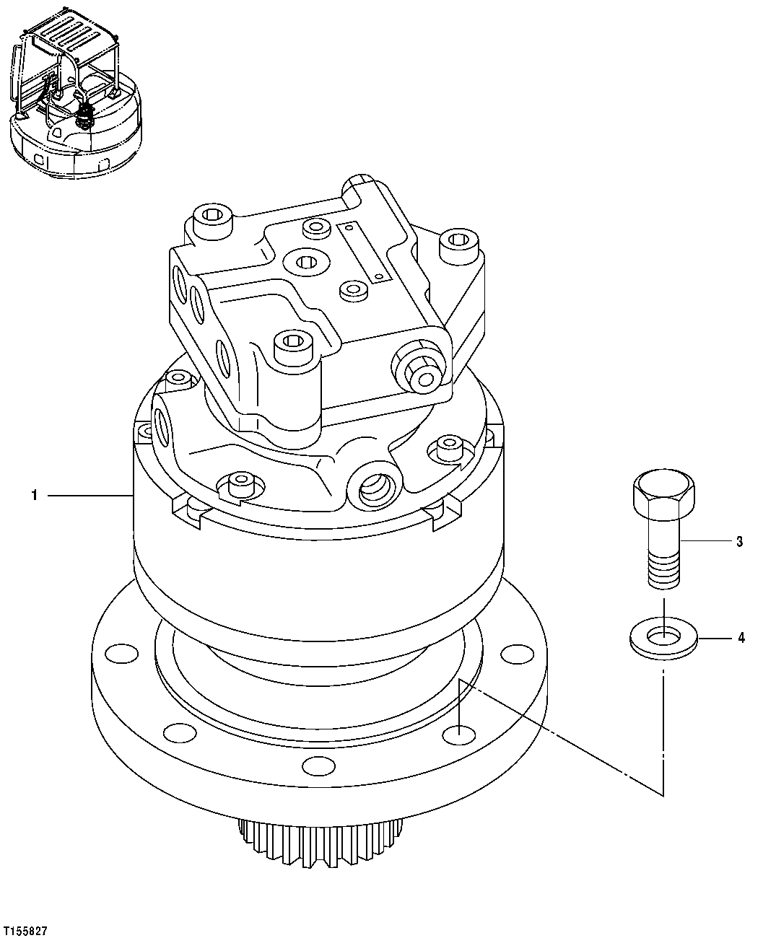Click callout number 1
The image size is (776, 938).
[x=33, y=495]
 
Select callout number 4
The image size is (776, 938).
[x=741, y=638]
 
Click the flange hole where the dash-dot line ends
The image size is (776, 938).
[x=459, y=735]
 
